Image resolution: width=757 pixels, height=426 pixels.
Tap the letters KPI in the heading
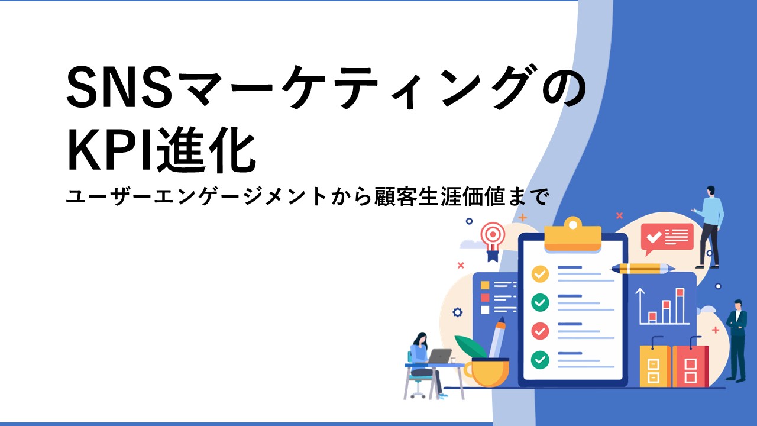point(110,150)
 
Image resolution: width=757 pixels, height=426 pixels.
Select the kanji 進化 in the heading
point(205,150)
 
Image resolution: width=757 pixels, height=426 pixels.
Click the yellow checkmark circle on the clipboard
point(540,274)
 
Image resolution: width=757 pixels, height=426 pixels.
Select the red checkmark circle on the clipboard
point(540,331)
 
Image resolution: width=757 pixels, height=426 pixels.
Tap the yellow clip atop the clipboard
point(573,235)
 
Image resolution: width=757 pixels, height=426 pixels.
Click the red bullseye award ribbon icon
point(493,241)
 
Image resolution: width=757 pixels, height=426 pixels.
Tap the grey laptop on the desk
point(439,356)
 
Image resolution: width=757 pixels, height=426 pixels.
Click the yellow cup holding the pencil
point(487,372)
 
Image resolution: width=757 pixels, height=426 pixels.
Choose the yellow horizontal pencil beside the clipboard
point(642,269)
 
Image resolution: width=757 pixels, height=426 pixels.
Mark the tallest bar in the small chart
point(680,306)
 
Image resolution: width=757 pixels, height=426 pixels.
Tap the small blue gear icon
point(457,312)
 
